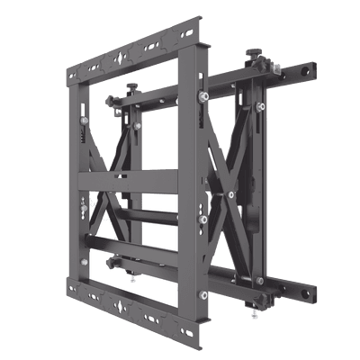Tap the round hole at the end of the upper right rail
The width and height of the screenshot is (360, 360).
pos(310,68)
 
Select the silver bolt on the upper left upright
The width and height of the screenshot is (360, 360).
pos(84,115)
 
